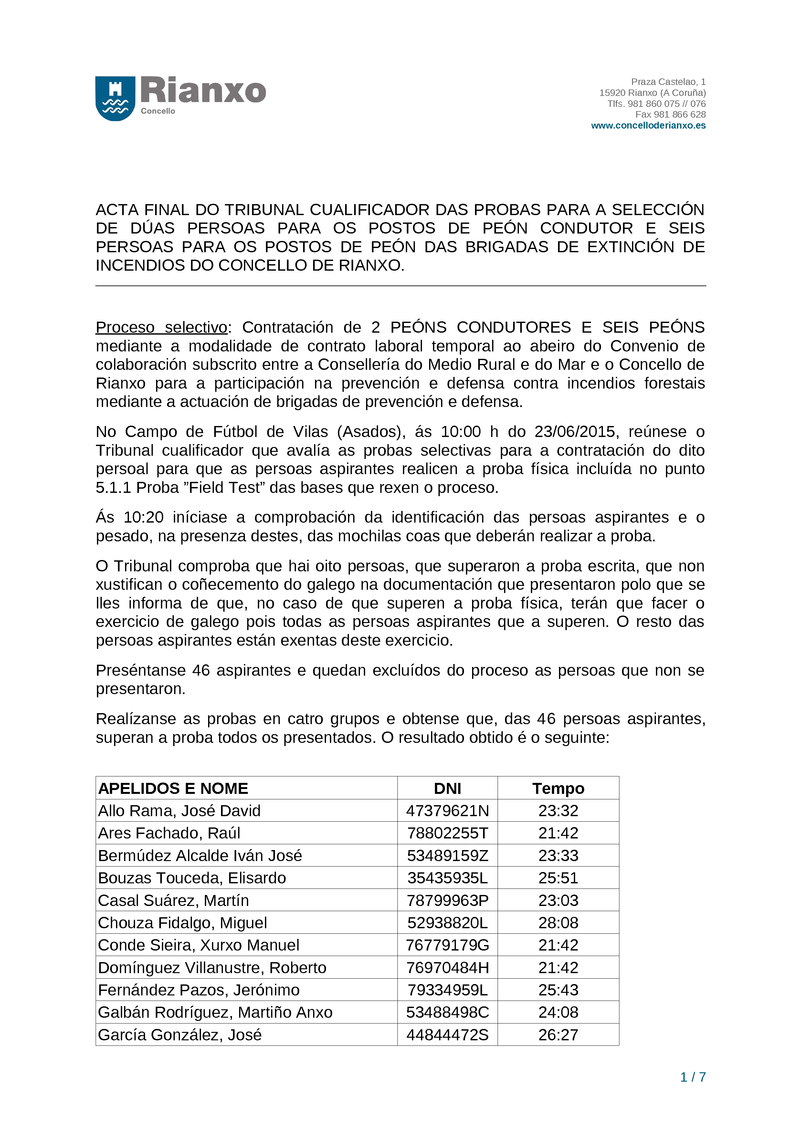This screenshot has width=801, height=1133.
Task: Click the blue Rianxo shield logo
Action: (115, 98)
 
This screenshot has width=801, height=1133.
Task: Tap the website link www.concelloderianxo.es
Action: (648, 125)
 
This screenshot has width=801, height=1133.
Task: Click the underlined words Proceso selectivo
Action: (161, 327)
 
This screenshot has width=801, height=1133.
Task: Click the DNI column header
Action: (447, 789)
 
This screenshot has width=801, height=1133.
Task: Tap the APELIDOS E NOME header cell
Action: (173, 789)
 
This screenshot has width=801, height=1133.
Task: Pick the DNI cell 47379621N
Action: (447, 811)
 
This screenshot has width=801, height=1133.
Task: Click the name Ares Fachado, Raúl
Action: (169, 833)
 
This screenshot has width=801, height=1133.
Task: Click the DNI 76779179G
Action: (447, 945)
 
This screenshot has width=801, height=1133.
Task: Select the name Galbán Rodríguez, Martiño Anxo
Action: (215, 1012)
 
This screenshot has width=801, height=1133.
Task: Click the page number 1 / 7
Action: (692, 1077)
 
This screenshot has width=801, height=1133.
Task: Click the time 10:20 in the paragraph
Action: (143, 517)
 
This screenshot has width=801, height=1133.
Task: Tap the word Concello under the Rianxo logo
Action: (158, 111)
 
